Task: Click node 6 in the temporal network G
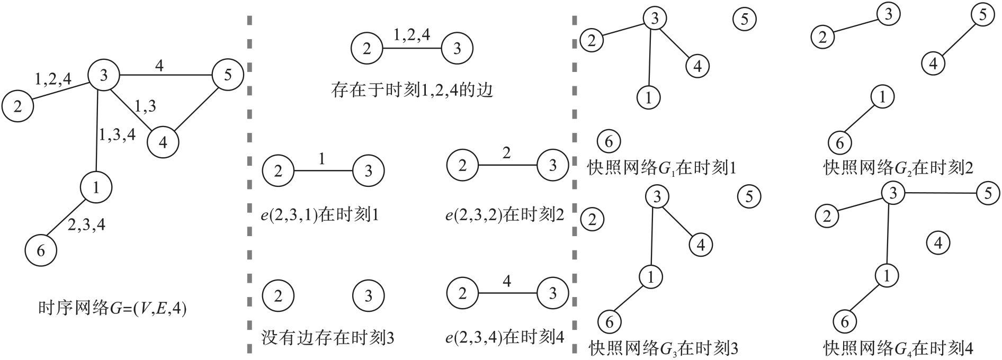pyautogui.click(x=41, y=250)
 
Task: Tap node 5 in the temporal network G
pyautogui.click(x=227, y=75)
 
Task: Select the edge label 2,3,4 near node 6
pyautogui.click(x=86, y=225)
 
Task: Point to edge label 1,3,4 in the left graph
pyautogui.click(x=117, y=134)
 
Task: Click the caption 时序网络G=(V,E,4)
pyautogui.click(x=113, y=309)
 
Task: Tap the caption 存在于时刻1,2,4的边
pyautogui.click(x=411, y=91)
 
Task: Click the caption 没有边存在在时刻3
pyautogui.click(x=328, y=338)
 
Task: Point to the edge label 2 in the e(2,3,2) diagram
pyautogui.click(x=507, y=154)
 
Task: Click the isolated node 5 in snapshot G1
pyautogui.click(x=744, y=20)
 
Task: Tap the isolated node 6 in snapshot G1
pyautogui.click(x=609, y=141)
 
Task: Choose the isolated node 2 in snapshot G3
pyautogui.click(x=592, y=219)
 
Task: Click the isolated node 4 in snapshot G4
pyautogui.click(x=938, y=243)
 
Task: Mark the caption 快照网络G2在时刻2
pyautogui.click(x=898, y=168)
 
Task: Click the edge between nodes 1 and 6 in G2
pyautogui.click(x=861, y=120)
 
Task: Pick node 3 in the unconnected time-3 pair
pyautogui.click(x=369, y=295)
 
